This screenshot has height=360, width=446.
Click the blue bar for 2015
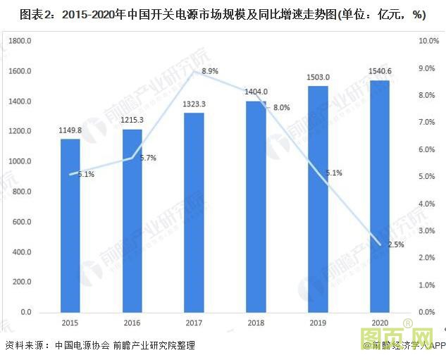(70, 225)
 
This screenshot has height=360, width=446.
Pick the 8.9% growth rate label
(210, 71)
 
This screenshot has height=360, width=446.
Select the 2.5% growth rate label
(396, 244)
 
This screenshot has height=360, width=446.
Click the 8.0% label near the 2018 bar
(281, 108)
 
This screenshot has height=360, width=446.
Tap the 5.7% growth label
(148, 158)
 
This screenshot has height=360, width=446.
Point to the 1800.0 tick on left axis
(20, 42)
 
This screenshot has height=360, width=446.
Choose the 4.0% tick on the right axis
(427, 204)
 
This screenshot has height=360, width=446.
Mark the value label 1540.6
(380, 72)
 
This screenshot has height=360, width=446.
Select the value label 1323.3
(194, 104)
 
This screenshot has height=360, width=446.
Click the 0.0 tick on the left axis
(27, 312)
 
